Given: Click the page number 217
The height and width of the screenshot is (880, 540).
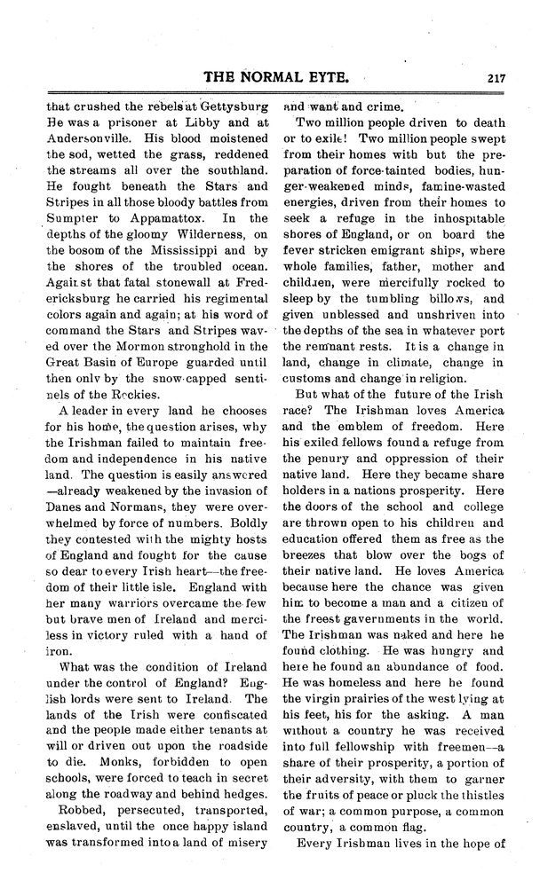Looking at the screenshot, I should (495, 78).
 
